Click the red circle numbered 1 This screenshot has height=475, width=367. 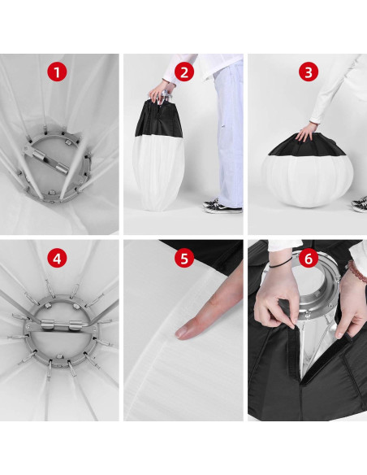57,72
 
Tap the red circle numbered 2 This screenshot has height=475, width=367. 183,72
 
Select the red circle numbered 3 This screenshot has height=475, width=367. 308,72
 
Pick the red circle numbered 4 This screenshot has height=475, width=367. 57,259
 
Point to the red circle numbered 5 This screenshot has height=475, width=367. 183,259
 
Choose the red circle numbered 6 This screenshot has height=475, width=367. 308,259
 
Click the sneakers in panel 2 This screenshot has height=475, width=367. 222,206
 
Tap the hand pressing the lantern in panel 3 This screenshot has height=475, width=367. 307,133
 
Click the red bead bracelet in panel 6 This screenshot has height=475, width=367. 356,271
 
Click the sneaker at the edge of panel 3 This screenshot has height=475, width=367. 360,204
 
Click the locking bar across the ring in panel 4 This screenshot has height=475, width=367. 59,325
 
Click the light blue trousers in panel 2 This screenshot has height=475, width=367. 229,133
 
